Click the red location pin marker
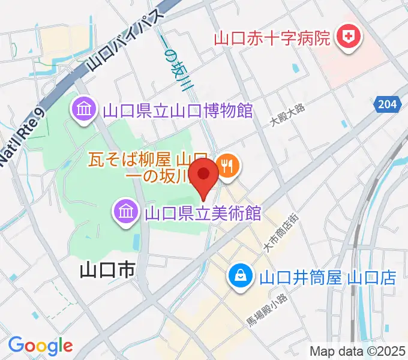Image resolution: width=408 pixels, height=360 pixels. click(205, 175)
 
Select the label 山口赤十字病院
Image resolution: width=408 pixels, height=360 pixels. click(273, 40)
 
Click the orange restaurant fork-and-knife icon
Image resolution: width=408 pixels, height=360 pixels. click(227, 164)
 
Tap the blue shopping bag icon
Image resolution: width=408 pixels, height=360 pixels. click(240, 277)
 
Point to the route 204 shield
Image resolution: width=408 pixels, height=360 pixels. click(388, 104)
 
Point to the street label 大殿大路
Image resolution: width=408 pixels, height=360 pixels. click(287, 114)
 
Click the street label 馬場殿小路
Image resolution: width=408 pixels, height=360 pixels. click(268, 312)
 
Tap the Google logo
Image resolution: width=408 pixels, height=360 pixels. click(40, 346)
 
